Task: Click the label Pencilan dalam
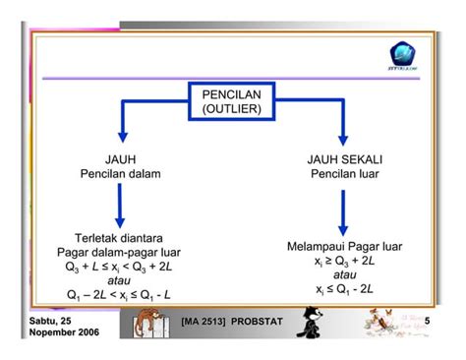(120, 174)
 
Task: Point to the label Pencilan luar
(344, 174)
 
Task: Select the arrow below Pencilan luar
(344, 210)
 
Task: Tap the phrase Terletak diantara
(120, 237)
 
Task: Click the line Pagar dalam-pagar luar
(120, 251)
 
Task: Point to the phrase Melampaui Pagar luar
(344, 246)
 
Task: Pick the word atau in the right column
(344, 274)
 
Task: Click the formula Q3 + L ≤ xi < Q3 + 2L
(119, 266)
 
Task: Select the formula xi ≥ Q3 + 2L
(344, 261)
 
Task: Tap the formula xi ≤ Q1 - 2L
(344, 289)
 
